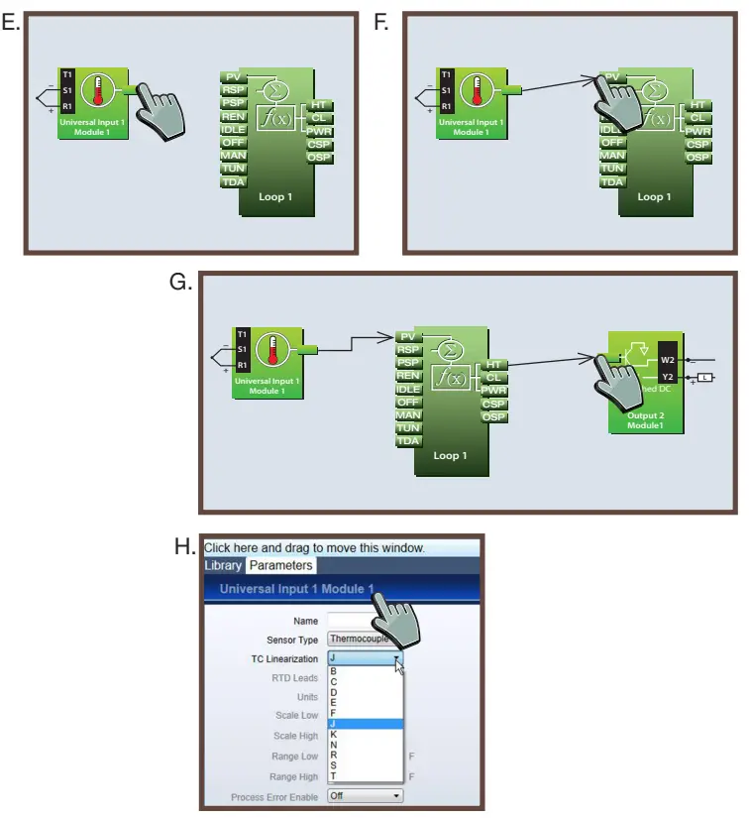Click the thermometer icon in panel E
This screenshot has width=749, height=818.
97,91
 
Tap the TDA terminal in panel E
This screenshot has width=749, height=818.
234,181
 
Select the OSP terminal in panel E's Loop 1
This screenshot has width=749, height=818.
319,158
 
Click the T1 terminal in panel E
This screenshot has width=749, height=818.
66,74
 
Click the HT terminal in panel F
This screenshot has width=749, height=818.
698,104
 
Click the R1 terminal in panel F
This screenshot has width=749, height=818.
446,105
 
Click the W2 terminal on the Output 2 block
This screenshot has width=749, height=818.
668,360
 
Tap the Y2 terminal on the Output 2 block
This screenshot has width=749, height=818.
668,377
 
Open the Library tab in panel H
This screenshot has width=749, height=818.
223,565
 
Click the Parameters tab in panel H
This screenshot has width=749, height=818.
280,565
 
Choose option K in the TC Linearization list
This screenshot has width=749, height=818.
334,734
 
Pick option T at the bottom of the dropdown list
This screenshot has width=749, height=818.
334,775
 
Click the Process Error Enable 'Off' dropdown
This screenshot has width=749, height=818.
365,796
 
